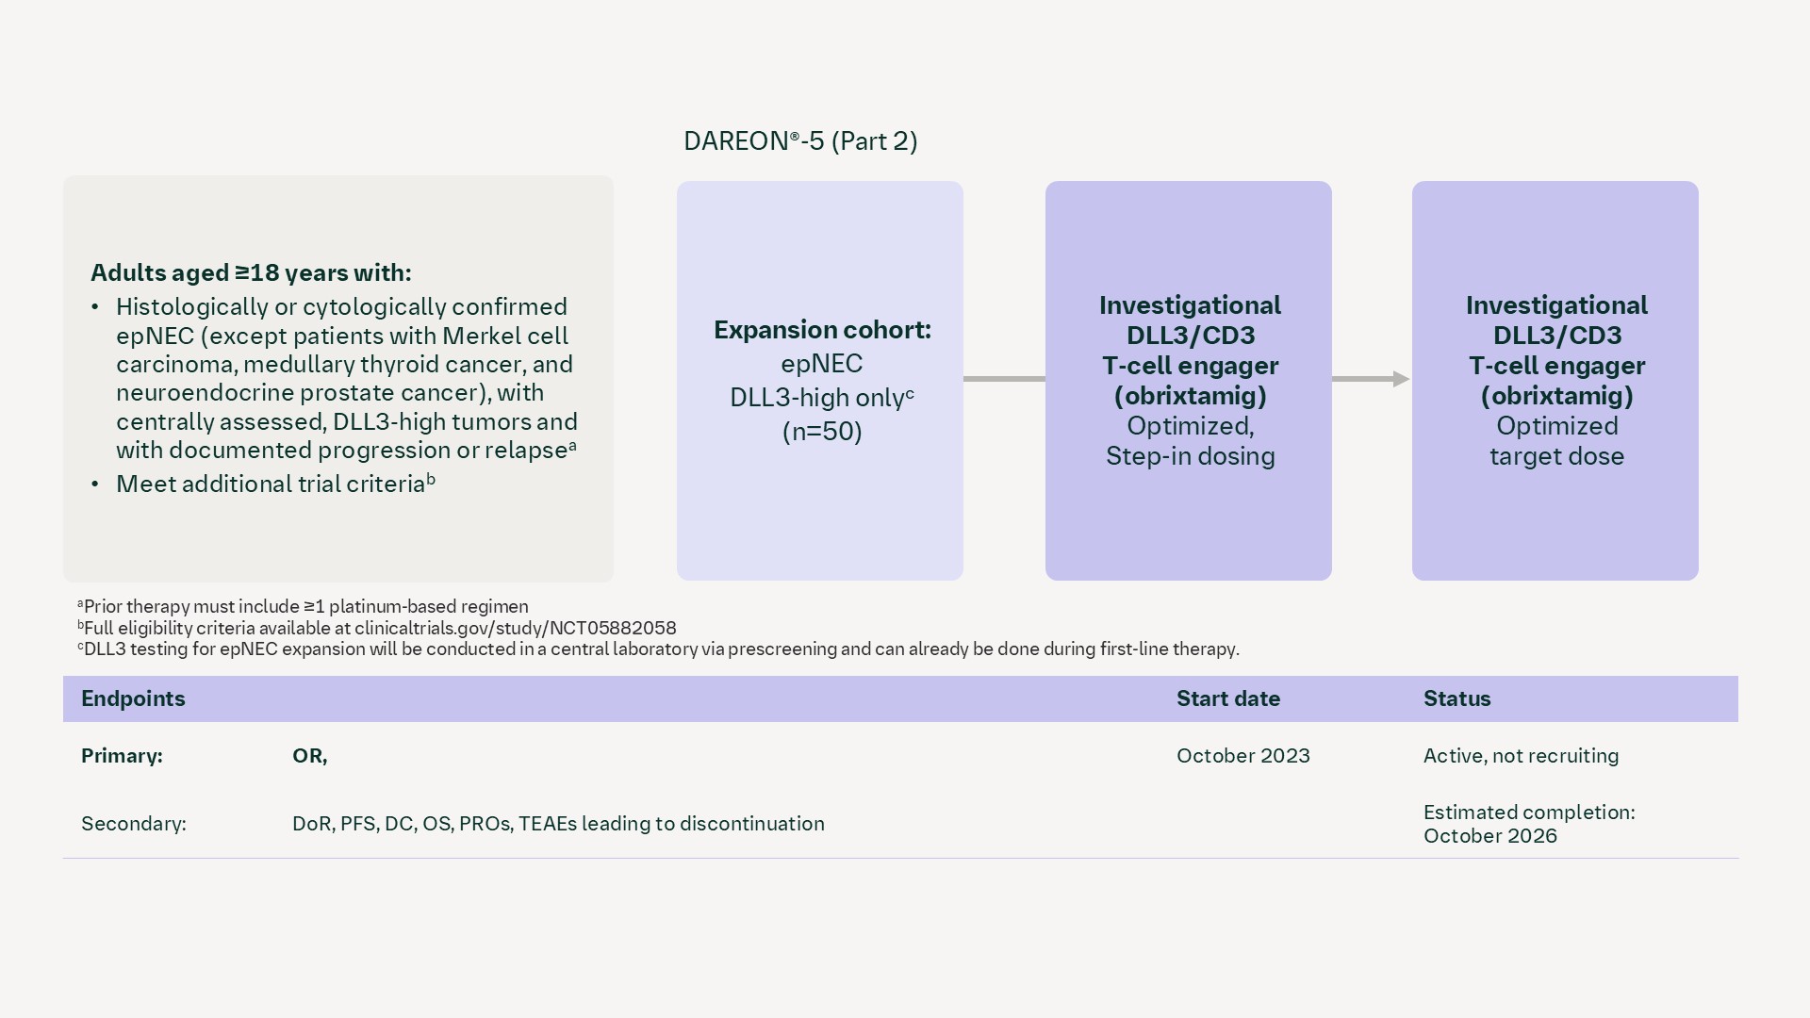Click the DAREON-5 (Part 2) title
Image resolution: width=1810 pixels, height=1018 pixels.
[x=800, y=141]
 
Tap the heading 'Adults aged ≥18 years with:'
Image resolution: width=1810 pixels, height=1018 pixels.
[x=251, y=273]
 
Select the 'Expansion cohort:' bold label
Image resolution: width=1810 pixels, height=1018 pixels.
[x=822, y=330]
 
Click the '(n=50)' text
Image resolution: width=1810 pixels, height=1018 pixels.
[x=822, y=432]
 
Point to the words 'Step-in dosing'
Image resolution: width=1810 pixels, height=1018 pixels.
[x=1190, y=456]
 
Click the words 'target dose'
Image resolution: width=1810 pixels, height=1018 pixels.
[x=1556, y=456]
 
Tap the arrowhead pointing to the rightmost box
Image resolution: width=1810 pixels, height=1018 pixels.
[x=1401, y=379]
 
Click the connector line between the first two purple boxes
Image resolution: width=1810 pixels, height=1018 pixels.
[x=1004, y=379]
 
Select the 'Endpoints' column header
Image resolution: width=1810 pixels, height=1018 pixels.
[x=133, y=698]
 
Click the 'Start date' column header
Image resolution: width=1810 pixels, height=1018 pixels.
[x=1227, y=698]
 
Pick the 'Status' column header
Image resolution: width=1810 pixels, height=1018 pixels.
[x=1456, y=698]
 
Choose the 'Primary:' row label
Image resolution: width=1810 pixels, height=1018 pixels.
[x=122, y=756]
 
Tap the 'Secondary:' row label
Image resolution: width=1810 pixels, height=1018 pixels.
[x=133, y=824]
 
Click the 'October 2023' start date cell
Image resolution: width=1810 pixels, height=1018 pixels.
[x=1242, y=756]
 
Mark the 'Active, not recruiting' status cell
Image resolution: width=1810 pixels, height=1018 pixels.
[x=1521, y=756]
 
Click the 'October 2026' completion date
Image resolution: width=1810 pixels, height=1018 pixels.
[x=1489, y=836]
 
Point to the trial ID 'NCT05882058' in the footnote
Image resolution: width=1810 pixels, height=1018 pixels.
[x=617, y=628]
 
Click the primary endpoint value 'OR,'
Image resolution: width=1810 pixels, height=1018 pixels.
[x=309, y=756]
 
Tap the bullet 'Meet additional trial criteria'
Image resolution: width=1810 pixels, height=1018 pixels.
[x=271, y=484]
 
